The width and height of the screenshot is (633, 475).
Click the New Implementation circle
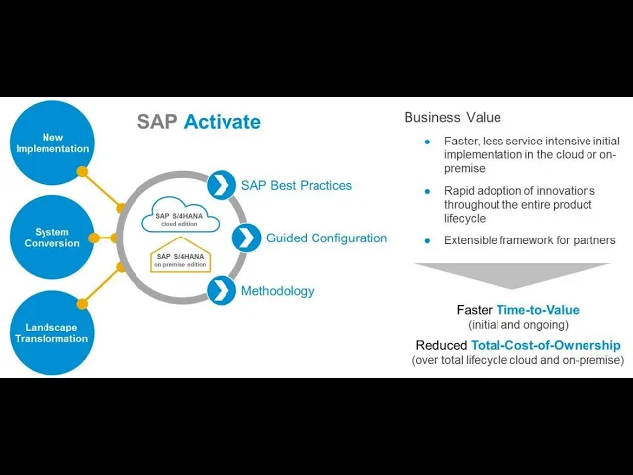[x=52, y=142]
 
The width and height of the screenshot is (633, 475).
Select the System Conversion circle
[x=51, y=237]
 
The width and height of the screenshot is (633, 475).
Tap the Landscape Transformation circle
[x=51, y=332]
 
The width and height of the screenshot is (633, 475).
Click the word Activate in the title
[x=223, y=122]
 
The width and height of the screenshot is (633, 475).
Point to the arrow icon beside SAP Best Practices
[x=221, y=185]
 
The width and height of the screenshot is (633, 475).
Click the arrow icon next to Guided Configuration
[x=246, y=237]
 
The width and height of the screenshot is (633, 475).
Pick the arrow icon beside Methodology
[x=222, y=291]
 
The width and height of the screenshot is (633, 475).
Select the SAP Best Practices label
[x=296, y=185]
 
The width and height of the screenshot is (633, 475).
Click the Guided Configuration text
[x=326, y=237]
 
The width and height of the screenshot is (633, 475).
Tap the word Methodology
[x=277, y=291]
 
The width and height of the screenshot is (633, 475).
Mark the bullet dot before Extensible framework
[x=427, y=240]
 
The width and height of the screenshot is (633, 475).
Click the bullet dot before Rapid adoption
[x=427, y=191]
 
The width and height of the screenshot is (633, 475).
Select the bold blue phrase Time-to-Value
[x=538, y=310]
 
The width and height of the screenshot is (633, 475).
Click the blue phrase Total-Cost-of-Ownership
[x=559, y=345]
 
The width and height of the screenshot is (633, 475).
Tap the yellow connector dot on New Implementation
[x=83, y=171]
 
